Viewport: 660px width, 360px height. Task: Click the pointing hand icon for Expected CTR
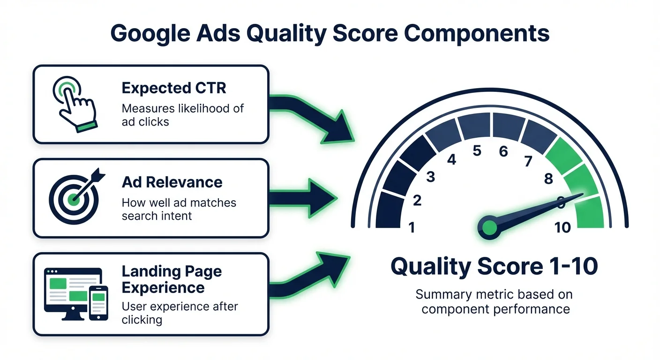[75, 104]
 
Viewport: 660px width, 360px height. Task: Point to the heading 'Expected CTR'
[173, 88]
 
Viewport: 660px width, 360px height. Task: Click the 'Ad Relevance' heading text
[172, 182]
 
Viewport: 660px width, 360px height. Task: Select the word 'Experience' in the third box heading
[163, 287]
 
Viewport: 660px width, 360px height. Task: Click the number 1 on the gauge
[412, 227]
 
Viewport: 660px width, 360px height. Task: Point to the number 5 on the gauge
[477, 151]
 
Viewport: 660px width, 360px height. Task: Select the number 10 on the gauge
[562, 228]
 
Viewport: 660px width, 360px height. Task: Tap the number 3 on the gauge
[430, 177]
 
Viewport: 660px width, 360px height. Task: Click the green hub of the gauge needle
[488, 228]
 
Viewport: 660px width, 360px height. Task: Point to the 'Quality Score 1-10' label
[495, 267]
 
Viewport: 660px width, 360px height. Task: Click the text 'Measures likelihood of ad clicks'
[182, 115]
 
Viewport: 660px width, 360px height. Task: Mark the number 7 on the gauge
[528, 161]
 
